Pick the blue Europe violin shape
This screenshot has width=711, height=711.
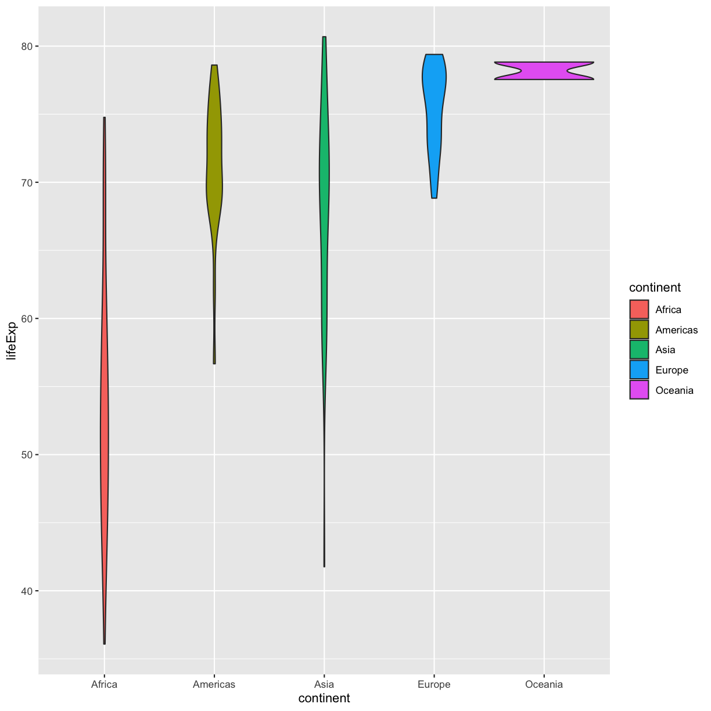click(435, 116)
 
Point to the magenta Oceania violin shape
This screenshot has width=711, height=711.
click(544, 71)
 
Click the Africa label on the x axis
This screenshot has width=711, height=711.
click(105, 684)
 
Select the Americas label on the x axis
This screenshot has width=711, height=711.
click(214, 684)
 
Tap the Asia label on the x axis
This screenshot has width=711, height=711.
click(324, 684)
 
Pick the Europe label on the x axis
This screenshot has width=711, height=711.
click(434, 684)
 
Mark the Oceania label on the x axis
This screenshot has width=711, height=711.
click(544, 684)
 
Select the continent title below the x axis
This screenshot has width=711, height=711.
click(324, 698)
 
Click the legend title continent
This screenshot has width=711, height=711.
click(655, 288)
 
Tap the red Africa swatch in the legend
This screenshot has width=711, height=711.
click(639, 310)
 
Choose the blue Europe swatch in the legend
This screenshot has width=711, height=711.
click(639, 370)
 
